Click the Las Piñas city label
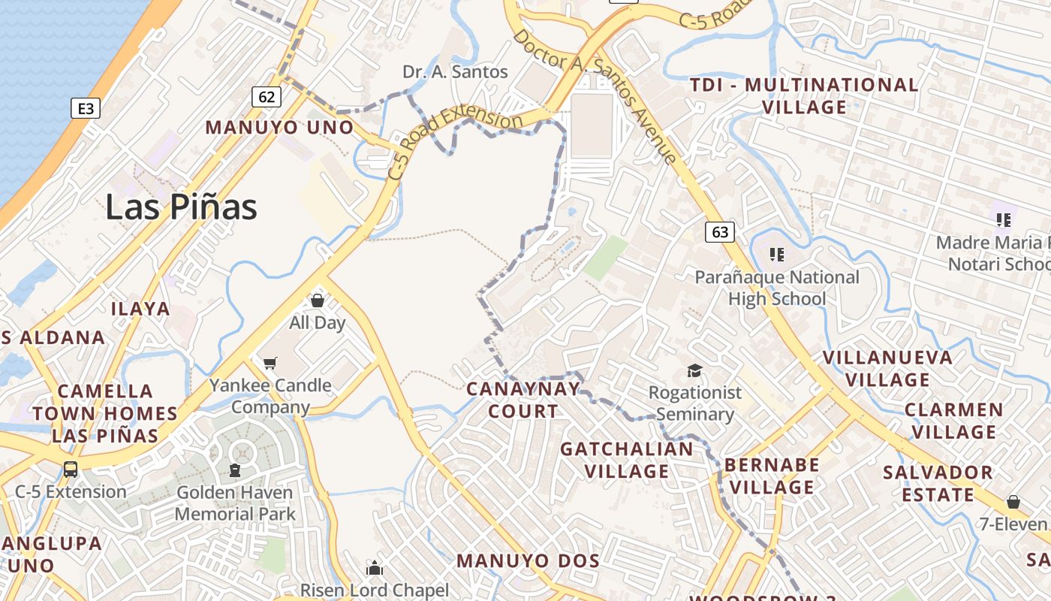pyautogui.click(x=181, y=207)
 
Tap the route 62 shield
pyautogui.click(x=267, y=96)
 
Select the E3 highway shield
pyautogui.click(x=86, y=109)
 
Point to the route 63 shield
pyautogui.click(x=719, y=231)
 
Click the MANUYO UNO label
pyautogui.click(x=279, y=127)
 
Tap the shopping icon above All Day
pyautogui.click(x=318, y=300)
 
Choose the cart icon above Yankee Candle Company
pyautogui.click(x=270, y=364)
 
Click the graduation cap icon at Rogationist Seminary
pyautogui.click(x=694, y=370)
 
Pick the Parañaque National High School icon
pyautogui.click(x=777, y=255)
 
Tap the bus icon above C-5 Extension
pyautogui.click(x=71, y=470)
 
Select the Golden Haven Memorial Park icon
pyautogui.click(x=235, y=471)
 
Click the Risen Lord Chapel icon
pyautogui.click(x=374, y=568)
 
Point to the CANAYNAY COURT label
pyautogui.click(x=523, y=400)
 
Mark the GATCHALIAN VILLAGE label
pyautogui.click(x=627, y=460)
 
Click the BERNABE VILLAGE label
pyautogui.click(x=772, y=476)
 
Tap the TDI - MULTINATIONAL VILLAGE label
pyautogui.click(x=804, y=95)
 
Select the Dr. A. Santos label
pyautogui.click(x=455, y=72)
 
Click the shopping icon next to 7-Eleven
pyautogui.click(x=1013, y=501)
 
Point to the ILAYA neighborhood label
pyautogui.click(x=140, y=309)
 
